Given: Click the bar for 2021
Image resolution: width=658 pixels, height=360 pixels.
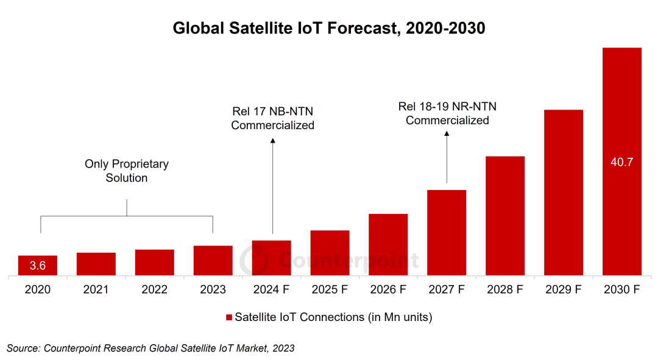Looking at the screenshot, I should click(x=96, y=264).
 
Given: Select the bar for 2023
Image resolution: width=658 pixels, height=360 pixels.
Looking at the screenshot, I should click(x=213, y=261).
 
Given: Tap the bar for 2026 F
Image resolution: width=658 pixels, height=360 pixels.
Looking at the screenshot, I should click(x=388, y=245).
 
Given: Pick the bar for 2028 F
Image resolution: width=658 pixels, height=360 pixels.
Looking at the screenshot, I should click(x=505, y=216).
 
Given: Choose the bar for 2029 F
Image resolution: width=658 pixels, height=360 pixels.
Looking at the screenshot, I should click(x=564, y=193).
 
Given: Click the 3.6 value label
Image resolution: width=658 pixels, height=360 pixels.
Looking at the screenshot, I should click(x=38, y=266).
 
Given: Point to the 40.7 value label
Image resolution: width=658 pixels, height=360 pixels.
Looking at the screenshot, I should click(x=622, y=162).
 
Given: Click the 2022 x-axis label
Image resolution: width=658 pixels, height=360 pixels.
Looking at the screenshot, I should click(x=154, y=290).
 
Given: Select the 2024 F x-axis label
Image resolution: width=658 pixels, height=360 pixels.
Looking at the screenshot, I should click(x=271, y=290).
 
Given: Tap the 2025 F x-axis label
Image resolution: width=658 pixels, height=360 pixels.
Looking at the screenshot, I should click(x=330, y=290).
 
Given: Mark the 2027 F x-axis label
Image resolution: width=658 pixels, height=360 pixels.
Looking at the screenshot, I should click(x=447, y=290).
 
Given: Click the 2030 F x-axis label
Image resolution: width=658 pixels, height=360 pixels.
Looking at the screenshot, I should click(x=622, y=290).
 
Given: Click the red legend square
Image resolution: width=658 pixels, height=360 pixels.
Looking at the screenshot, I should click(x=229, y=317).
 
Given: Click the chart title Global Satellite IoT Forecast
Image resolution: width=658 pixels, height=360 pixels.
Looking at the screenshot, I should click(x=329, y=28).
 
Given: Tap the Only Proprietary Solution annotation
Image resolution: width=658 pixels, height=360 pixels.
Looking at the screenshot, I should click(x=127, y=171).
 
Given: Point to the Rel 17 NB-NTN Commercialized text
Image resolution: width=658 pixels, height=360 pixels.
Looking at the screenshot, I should click(x=272, y=118).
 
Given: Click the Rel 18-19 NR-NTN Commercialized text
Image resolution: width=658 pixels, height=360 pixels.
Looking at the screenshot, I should click(x=447, y=113).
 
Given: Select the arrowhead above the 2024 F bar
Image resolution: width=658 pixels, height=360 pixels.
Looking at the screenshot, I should click(x=272, y=141).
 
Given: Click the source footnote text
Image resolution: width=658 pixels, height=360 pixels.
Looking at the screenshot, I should click(x=150, y=348).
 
